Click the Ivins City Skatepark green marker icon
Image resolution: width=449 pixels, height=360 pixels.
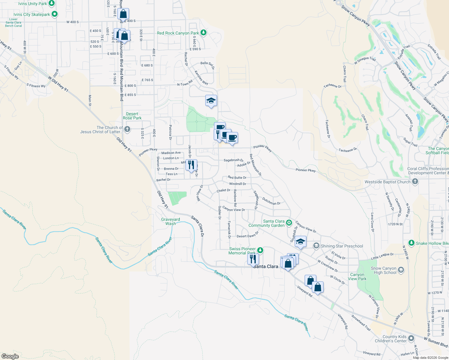pyautogui.click(x=55, y=14)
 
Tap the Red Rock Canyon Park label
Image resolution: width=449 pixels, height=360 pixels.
pyautogui.click(x=178, y=33)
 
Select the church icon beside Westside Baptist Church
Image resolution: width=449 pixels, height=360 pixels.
pyautogui.click(x=415, y=181)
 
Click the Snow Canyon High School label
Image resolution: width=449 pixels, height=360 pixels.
pyautogui.click(x=384, y=271)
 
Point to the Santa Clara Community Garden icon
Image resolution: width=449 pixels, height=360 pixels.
pyautogui.click(x=289, y=223)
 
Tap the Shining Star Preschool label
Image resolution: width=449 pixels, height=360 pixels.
pyautogui.click(x=342, y=246)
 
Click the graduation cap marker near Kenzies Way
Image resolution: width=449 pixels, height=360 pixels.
pyautogui.click(x=211, y=100)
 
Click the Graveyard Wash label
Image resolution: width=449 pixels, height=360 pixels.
pyautogui.click(x=170, y=221)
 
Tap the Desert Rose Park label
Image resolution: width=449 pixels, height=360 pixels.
pyautogui.click(x=132, y=116)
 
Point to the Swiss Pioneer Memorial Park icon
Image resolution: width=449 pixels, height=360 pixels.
pyautogui.click(x=260, y=250)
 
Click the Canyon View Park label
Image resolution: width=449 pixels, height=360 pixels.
pyautogui.click(x=357, y=277)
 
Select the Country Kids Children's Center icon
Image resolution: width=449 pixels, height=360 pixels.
pyautogui.click(x=411, y=338)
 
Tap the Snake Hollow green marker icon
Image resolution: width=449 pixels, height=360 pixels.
pyautogui.click(x=411, y=243)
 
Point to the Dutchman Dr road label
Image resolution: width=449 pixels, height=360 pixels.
pyautogui.click(x=271, y=201)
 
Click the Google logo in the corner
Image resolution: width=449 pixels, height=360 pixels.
pyautogui.click(x=10, y=356)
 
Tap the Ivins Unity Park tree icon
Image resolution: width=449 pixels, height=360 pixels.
pyautogui.click(x=52, y=3)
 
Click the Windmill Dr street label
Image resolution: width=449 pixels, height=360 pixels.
pyautogui.click(x=237, y=184)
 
